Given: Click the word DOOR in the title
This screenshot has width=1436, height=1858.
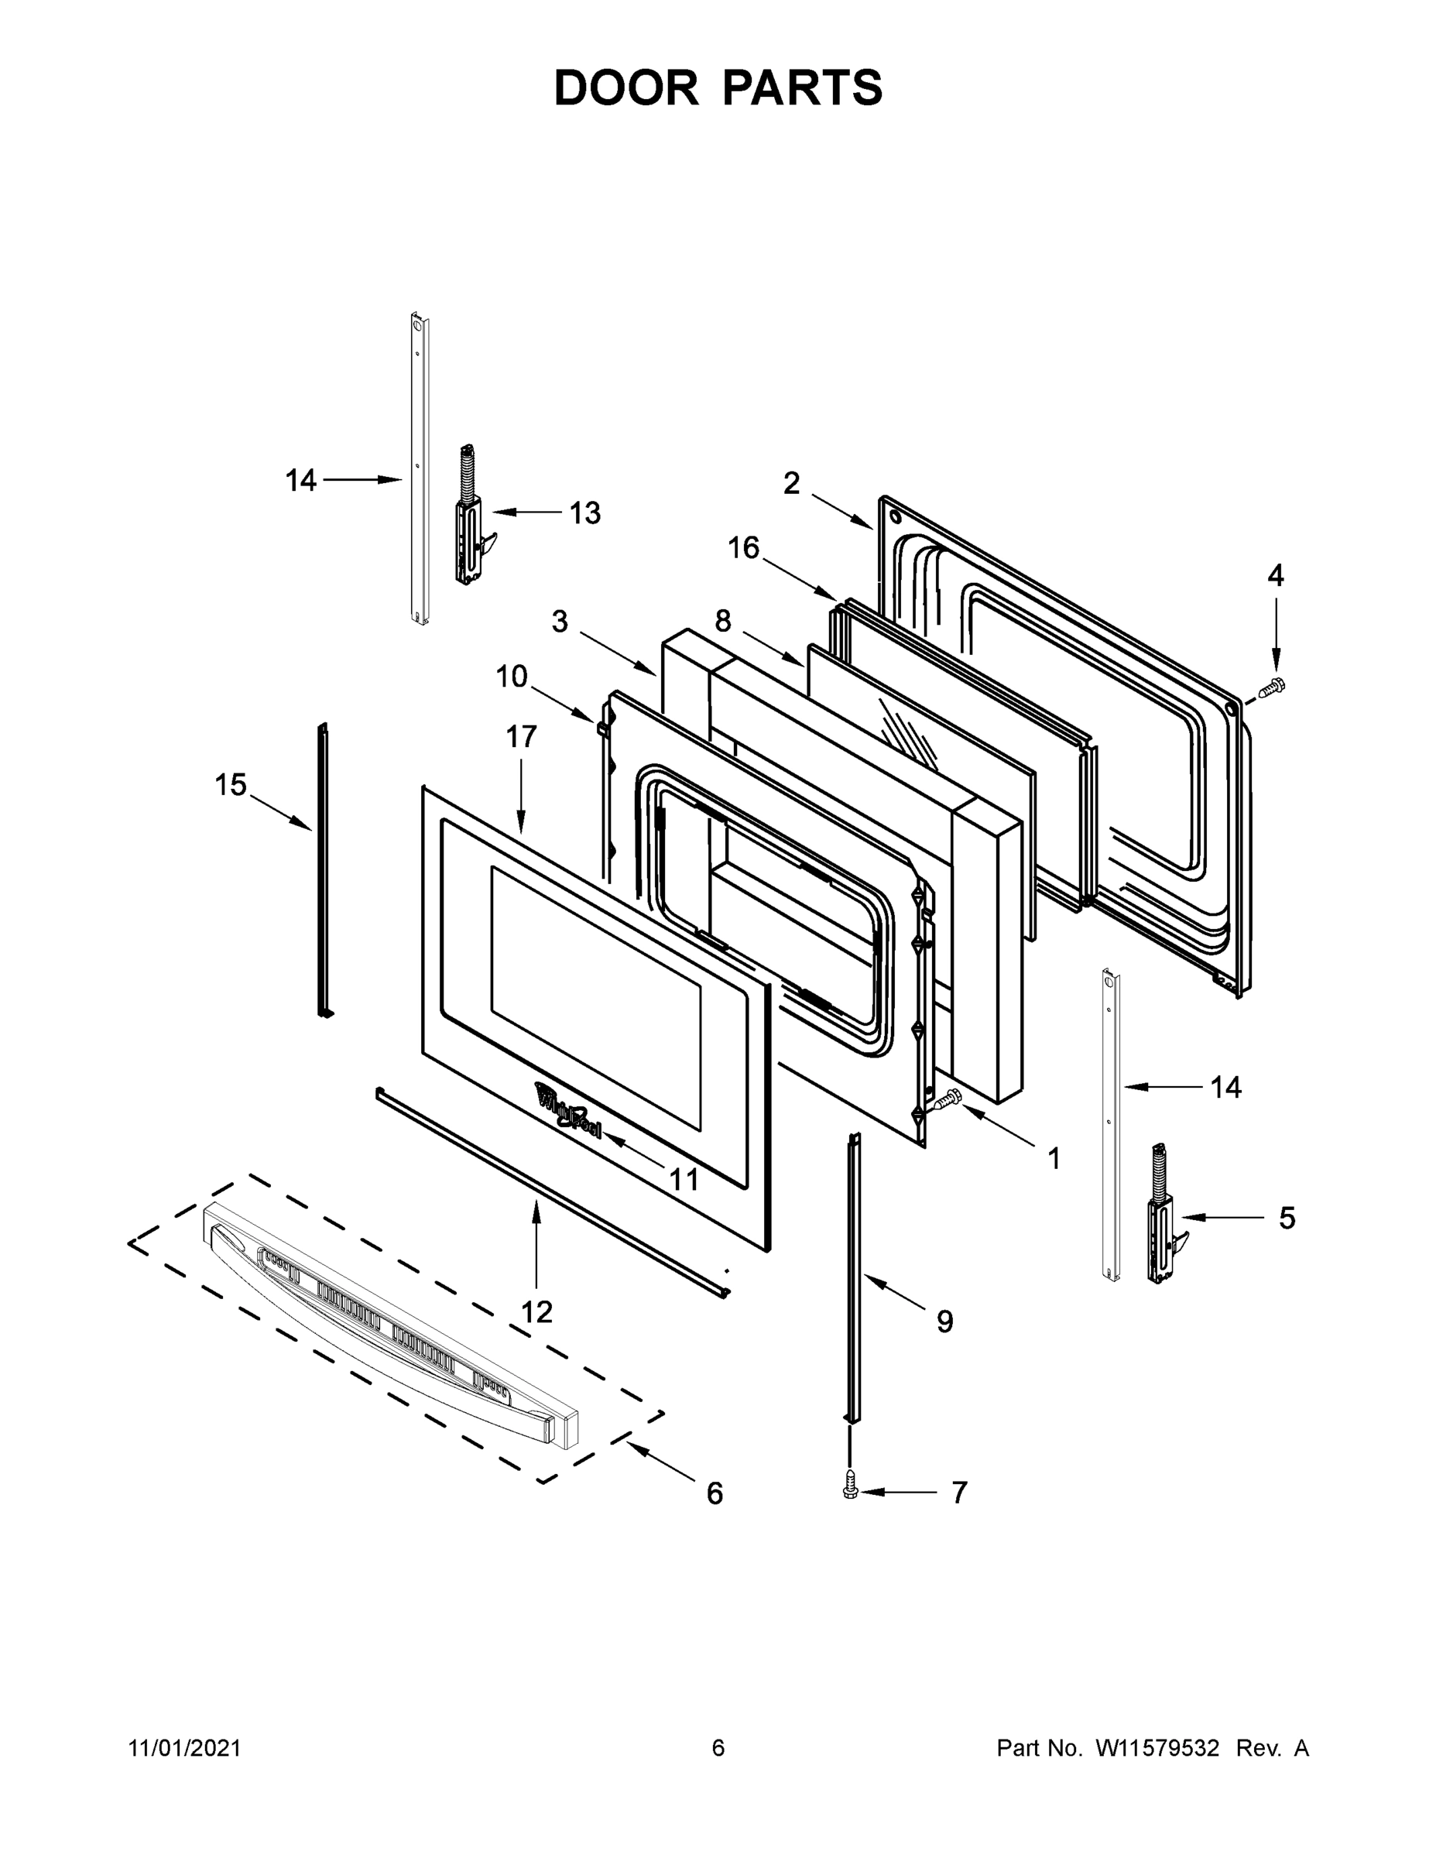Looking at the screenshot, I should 625,88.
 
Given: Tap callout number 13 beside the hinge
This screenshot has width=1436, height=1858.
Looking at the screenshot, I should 584,513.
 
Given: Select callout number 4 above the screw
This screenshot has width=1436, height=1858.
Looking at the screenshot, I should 1275,576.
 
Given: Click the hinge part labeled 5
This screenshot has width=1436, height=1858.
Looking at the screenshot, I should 1162,1221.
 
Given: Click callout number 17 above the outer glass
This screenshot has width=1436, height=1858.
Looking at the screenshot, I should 521,737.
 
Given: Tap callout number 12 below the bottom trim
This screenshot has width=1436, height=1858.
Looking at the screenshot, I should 536,1312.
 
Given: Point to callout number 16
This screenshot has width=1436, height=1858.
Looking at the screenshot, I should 743,548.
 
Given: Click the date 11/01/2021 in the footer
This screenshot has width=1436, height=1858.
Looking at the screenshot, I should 184,1747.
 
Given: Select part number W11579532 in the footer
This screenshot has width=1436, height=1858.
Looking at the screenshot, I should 1157,1747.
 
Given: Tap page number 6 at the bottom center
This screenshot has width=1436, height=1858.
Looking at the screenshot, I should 718,1747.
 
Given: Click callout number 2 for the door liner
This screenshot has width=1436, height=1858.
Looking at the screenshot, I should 791,483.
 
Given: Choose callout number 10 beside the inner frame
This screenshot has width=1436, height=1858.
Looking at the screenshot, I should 512,677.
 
